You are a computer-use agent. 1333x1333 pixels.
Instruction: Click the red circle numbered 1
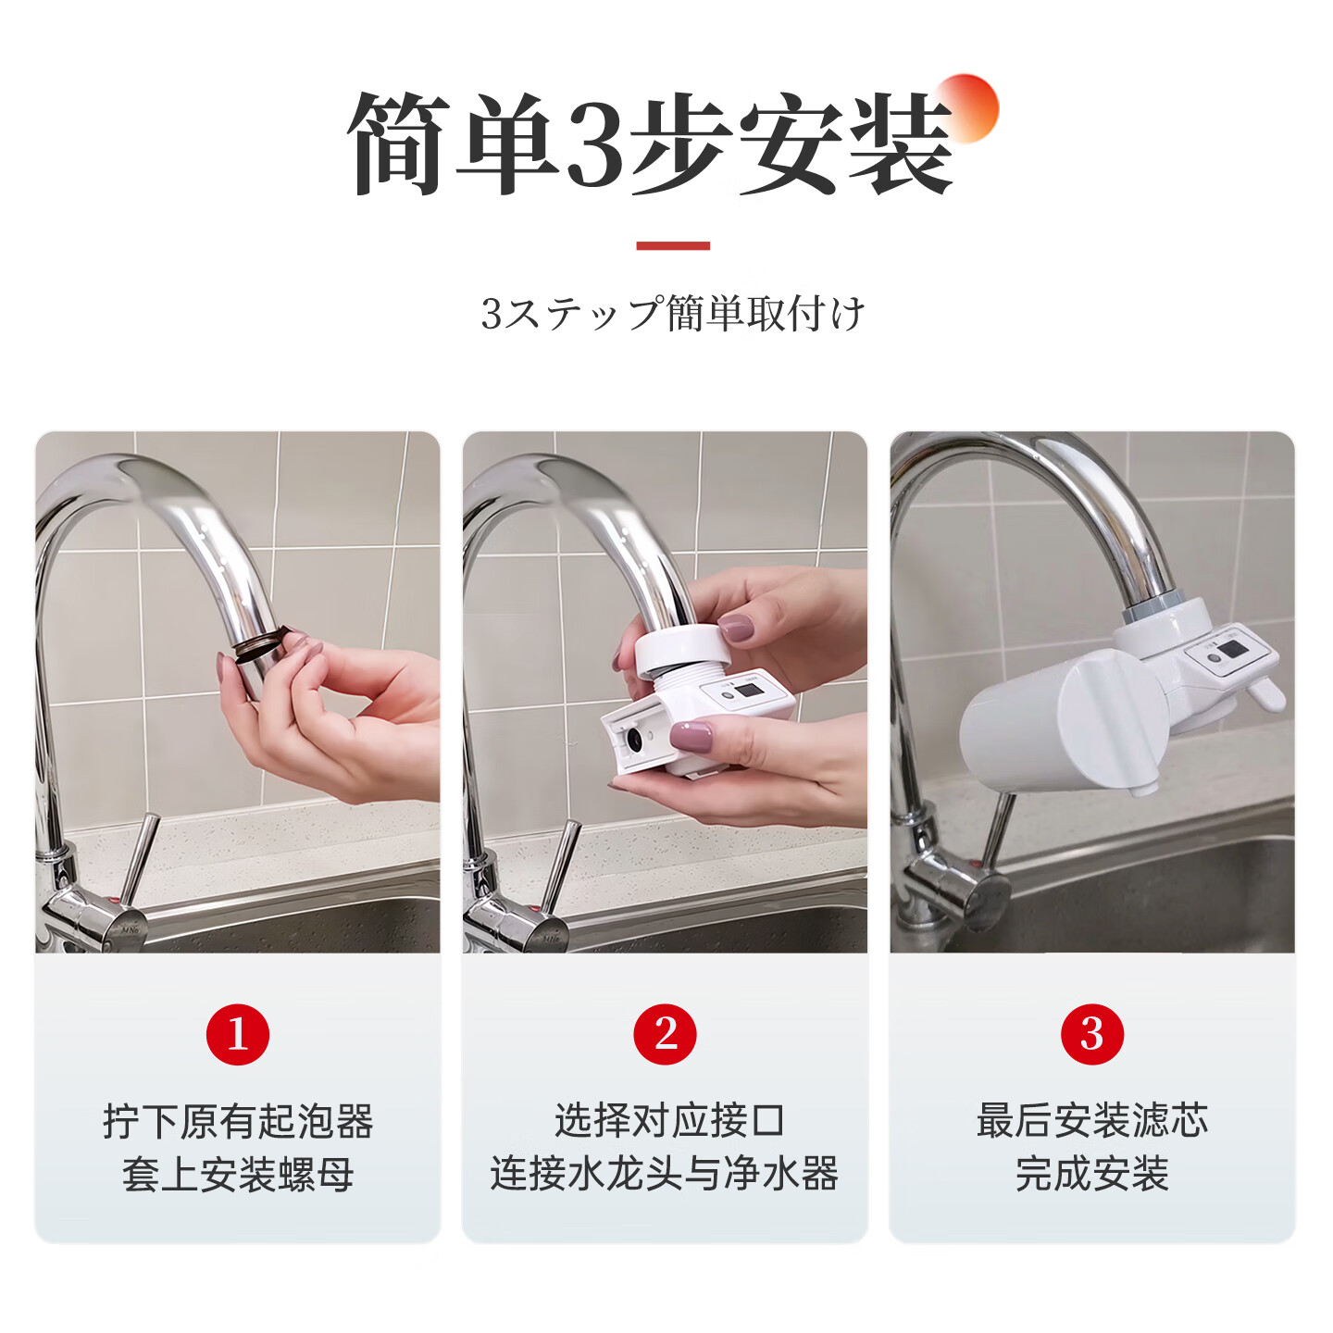click(x=237, y=1033)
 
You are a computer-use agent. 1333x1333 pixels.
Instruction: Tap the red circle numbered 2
click(x=665, y=1033)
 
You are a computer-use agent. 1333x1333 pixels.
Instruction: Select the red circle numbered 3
click(x=1092, y=1033)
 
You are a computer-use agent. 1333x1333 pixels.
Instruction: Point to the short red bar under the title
click(x=673, y=245)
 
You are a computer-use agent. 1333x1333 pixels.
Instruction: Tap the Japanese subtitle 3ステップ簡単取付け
click(x=673, y=314)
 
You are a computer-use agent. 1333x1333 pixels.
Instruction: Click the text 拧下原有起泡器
click(x=238, y=1121)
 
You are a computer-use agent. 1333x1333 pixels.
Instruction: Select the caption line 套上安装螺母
click(x=238, y=1174)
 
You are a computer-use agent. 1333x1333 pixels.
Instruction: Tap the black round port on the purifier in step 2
click(x=634, y=740)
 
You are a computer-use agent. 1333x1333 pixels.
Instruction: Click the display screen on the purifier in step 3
click(x=1229, y=650)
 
